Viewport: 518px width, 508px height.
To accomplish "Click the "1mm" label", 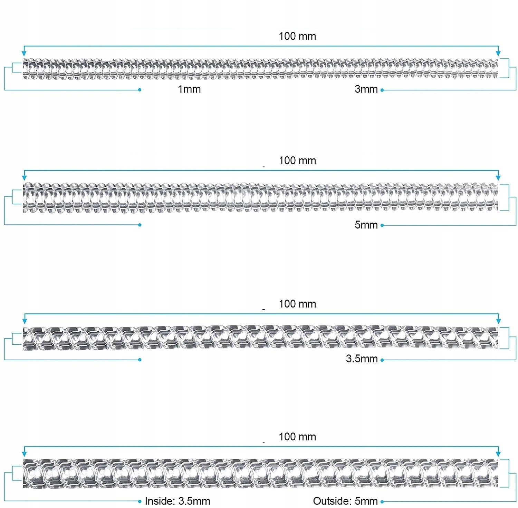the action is [189, 89].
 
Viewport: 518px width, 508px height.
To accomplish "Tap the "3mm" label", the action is [366, 89].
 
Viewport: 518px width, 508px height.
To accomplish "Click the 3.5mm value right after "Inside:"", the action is [194, 501].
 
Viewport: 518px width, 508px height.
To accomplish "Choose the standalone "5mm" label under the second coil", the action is [366, 225].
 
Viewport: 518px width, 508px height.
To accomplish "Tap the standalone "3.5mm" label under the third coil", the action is [362, 359].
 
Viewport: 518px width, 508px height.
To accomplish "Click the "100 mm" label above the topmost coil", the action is [297, 36].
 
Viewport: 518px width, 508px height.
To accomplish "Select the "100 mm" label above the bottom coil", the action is [297, 437].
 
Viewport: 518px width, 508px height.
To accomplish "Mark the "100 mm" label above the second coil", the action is [297, 160].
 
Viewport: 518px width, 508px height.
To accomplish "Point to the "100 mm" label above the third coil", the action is [297, 304].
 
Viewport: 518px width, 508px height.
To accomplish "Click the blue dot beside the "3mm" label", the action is [382, 90].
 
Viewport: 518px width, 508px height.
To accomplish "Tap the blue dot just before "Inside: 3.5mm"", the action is [140, 501].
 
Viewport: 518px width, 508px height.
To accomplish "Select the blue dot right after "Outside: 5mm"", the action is [382, 501].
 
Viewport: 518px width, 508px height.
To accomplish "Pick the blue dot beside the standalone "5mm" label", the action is [382, 225].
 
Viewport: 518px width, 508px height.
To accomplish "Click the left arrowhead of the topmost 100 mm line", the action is [24, 53].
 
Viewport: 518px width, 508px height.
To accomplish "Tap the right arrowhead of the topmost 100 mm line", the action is [498, 53].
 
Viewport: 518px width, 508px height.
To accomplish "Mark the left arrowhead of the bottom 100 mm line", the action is [24, 453].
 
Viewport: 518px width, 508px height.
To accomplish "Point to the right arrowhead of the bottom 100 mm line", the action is [498, 453].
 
